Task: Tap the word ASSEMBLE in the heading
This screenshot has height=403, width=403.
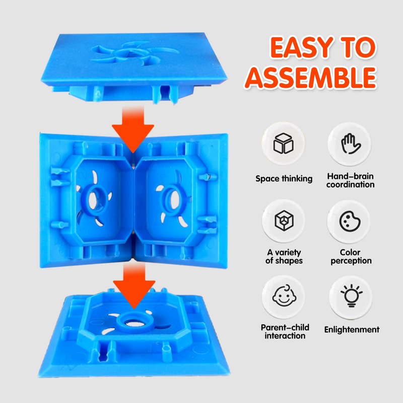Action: point(311,78)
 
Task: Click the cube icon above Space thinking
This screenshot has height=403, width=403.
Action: point(283,143)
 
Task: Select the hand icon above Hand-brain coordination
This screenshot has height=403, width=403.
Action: point(351,144)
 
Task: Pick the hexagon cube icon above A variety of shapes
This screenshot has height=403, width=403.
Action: point(284,221)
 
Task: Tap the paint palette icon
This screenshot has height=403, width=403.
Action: point(350,221)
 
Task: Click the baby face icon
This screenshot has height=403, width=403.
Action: point(284,296)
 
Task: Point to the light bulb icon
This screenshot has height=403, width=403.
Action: point(351,296)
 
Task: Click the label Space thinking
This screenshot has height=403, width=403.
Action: point(284,179)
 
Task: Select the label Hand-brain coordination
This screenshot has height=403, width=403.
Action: point(350,180)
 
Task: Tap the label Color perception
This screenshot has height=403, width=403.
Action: point(351,256)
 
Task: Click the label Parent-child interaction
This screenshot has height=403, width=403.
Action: point(285,331)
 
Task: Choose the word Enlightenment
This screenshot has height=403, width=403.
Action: point(352,330)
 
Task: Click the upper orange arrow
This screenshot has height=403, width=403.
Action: point(133,128)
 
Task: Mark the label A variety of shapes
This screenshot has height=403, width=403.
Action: point(284,256)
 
